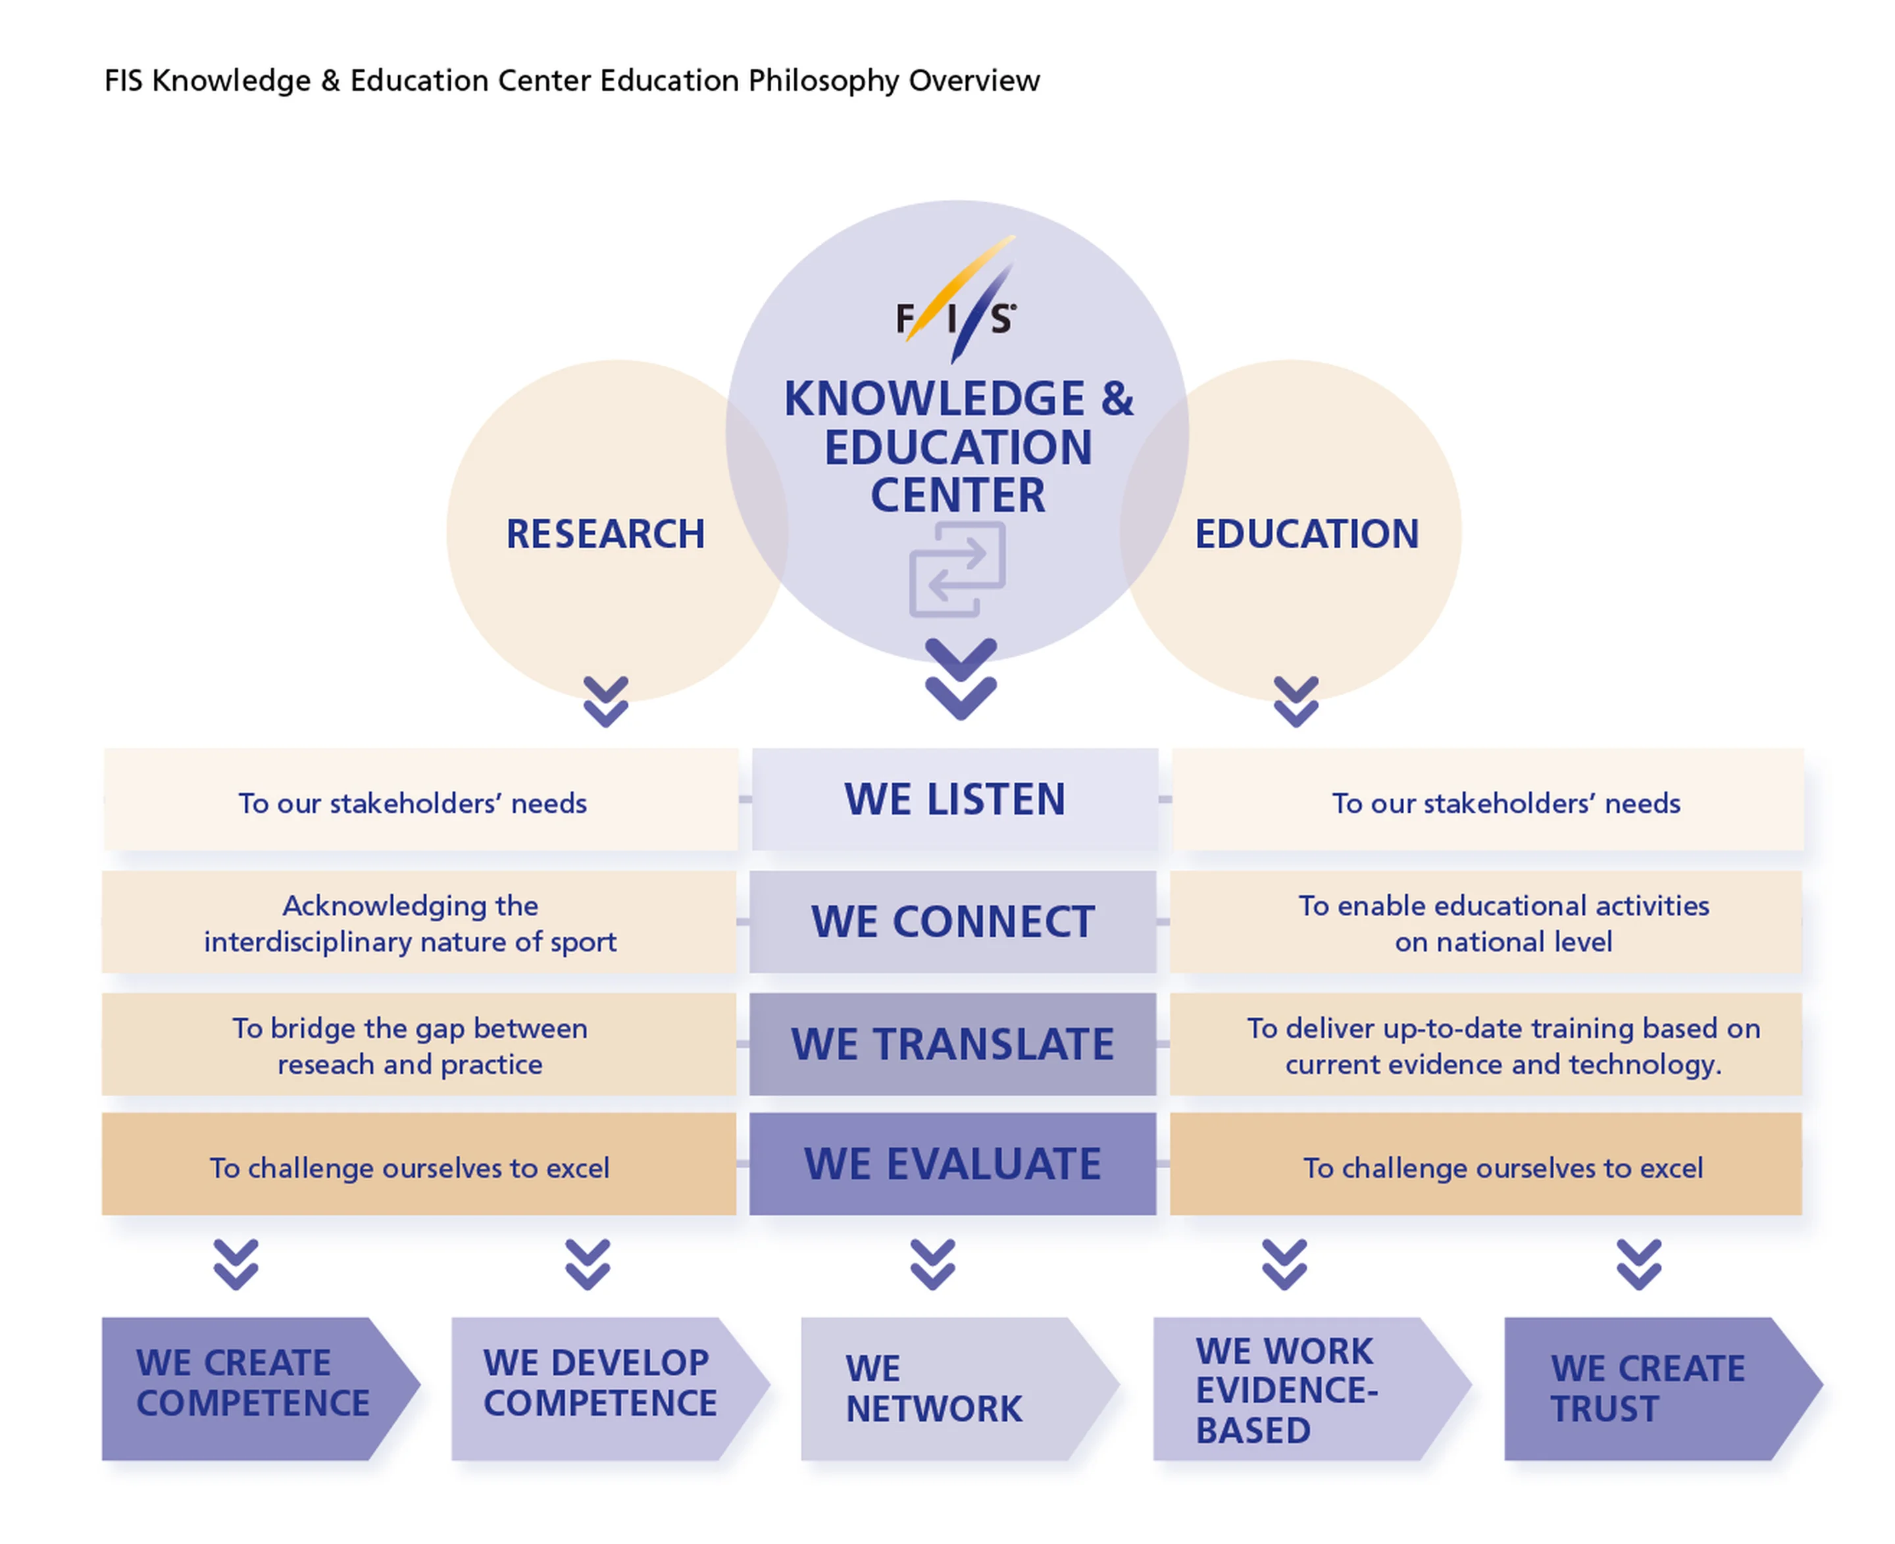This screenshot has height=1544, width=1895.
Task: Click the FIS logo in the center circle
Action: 956,302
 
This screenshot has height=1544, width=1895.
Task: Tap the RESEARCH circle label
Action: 605,534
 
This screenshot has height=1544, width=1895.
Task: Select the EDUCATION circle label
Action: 1305,534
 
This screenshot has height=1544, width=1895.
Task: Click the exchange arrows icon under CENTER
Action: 957,569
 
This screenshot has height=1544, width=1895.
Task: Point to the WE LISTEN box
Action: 954,799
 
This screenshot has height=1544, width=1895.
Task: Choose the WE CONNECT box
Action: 952,921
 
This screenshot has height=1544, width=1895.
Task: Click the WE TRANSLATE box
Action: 952,1043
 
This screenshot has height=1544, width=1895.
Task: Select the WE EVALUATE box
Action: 952,1164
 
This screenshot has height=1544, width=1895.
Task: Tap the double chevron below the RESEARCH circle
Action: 605,701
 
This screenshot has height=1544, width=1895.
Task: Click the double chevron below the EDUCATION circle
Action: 1296,701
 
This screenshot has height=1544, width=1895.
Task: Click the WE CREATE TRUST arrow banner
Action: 1650,1387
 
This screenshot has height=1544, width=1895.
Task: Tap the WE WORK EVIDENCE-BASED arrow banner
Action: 1298,1387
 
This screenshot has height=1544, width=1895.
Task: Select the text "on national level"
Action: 1503,941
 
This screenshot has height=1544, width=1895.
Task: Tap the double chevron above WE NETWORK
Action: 932,1263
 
